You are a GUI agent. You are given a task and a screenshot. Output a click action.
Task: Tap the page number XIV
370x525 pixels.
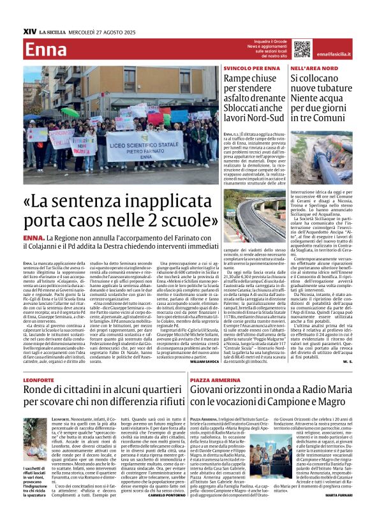[29, 30]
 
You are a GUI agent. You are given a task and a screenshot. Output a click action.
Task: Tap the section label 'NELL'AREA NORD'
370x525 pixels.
[310, 67]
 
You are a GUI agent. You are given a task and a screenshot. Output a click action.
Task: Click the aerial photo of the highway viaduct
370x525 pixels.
[254, 215]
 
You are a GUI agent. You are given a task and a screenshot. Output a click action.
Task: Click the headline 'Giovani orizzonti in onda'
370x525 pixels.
[276, 396]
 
